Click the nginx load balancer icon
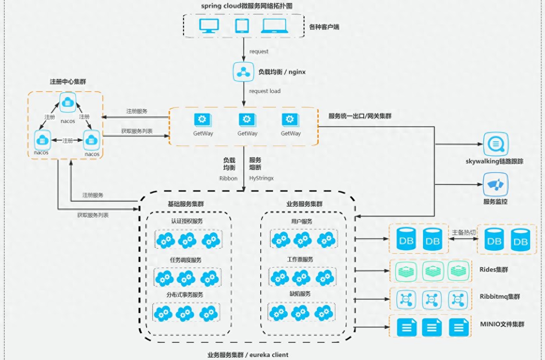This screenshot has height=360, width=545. pos(243,72)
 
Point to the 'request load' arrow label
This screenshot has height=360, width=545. pos(265,91)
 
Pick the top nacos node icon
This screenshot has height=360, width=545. pos(68,101)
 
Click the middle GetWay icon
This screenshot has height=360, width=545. pos(247,119)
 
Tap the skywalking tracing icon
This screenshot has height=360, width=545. pos(495,144)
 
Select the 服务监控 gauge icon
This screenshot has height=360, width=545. pos(495,184)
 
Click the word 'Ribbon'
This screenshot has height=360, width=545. pos(228,178)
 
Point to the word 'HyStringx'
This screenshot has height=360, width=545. pos(262,178)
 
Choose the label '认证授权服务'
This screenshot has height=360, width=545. pos(187,221)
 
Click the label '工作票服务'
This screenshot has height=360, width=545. pos(300,259)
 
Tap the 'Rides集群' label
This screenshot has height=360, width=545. pos(494,270)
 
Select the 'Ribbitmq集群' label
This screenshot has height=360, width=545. pos(499,296)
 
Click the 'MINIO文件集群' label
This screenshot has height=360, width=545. pos(502,324)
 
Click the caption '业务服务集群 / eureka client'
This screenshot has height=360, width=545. pos(248,355)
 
